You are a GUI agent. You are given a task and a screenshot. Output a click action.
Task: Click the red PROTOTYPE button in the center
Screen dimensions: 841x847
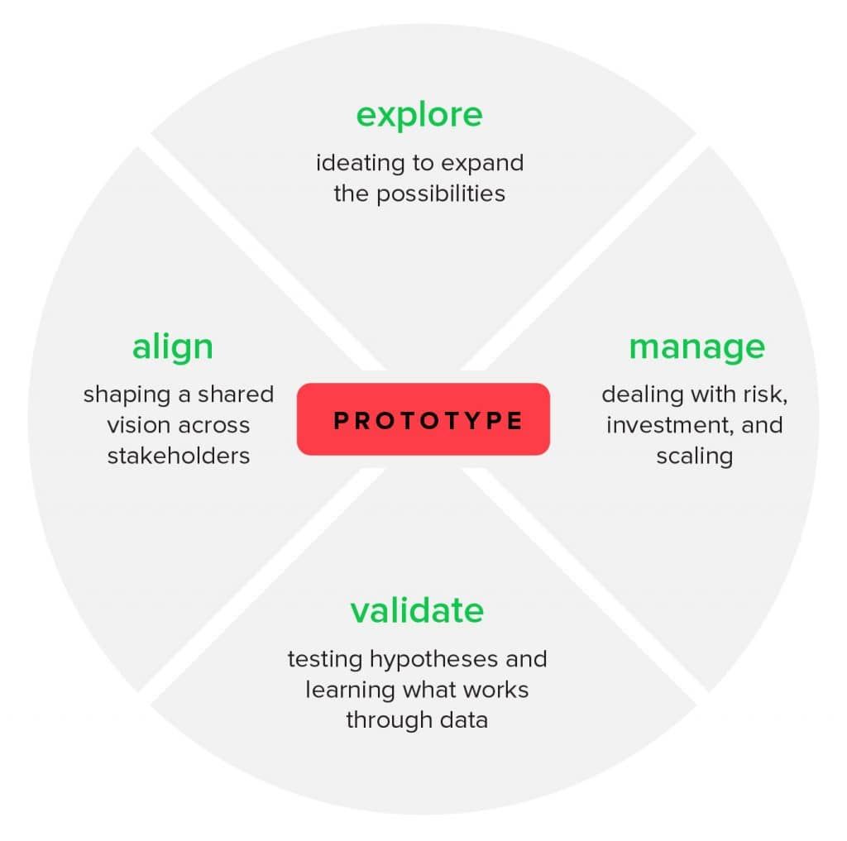click(x=423, y=419)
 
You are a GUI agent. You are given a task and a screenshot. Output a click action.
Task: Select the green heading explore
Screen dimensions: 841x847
click(x=419, y=115)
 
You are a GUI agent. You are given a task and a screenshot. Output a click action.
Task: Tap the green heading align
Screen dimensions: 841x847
click(x=173, y=347)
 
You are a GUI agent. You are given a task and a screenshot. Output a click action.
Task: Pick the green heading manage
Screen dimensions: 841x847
click(x=696, y=347)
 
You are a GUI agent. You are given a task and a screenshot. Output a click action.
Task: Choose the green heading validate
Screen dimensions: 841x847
click(x=417, y=611)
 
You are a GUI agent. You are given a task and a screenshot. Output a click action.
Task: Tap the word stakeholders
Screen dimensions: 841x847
click(x=179, y=456)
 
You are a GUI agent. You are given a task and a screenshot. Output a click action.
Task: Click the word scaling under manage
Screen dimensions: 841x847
click(x=695, y=456)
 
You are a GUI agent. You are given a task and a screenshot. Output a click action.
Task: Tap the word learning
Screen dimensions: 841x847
click(x=352, y=690)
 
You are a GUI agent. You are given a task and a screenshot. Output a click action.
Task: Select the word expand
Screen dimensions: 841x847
click(x=485, y=162)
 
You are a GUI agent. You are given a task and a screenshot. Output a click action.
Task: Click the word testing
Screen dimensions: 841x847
click(x=325, y=660)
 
